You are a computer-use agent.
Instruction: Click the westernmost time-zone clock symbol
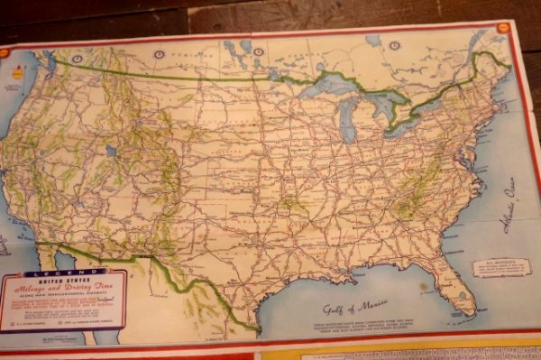click(x=160, y=54)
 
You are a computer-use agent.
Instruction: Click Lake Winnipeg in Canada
click(x=245, y=47)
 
